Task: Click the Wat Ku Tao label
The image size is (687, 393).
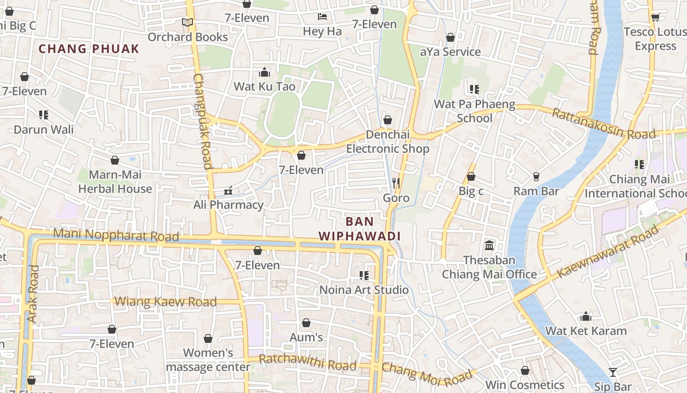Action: [264, 87]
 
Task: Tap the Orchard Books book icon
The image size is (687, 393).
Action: [187, 22]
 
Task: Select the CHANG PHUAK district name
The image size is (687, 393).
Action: [89, 49]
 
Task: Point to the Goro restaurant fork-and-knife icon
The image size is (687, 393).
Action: [396, 183]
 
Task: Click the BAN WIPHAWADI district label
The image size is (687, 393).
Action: [360, 229]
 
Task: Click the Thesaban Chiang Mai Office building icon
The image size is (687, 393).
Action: [489, 245]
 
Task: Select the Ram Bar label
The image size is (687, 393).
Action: [536, 191]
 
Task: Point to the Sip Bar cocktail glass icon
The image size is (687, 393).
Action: [613, 372]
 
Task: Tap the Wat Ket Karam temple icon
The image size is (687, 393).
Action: [586, 316]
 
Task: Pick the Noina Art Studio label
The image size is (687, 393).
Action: [364, 290]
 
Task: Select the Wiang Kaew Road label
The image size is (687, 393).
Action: [165, 301]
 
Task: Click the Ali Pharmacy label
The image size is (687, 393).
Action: [228, 205]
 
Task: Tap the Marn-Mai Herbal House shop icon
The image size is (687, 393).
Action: [115, 160]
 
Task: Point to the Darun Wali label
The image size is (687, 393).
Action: [44, 130]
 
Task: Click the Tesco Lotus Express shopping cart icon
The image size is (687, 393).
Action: [655, 18]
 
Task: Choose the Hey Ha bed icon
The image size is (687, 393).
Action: [322, 17]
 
